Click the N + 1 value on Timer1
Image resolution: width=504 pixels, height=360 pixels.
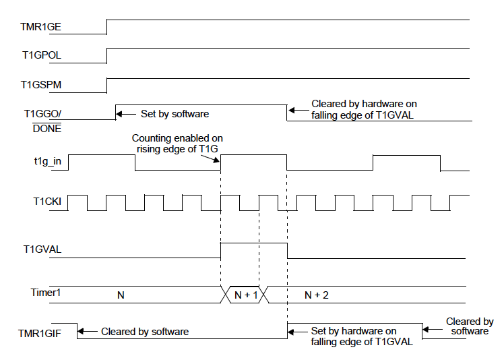[245, 295]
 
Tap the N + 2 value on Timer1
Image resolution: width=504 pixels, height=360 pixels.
[316, 295]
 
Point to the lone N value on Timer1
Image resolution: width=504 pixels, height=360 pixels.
[121, 295]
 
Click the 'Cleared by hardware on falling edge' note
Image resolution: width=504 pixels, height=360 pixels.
[364, 109]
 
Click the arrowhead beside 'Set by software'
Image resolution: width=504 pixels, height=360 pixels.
[121, 114]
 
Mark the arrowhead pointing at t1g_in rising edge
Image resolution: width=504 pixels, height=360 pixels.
[218, 161]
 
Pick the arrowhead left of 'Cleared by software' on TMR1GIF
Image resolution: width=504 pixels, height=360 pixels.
[81, 331]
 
